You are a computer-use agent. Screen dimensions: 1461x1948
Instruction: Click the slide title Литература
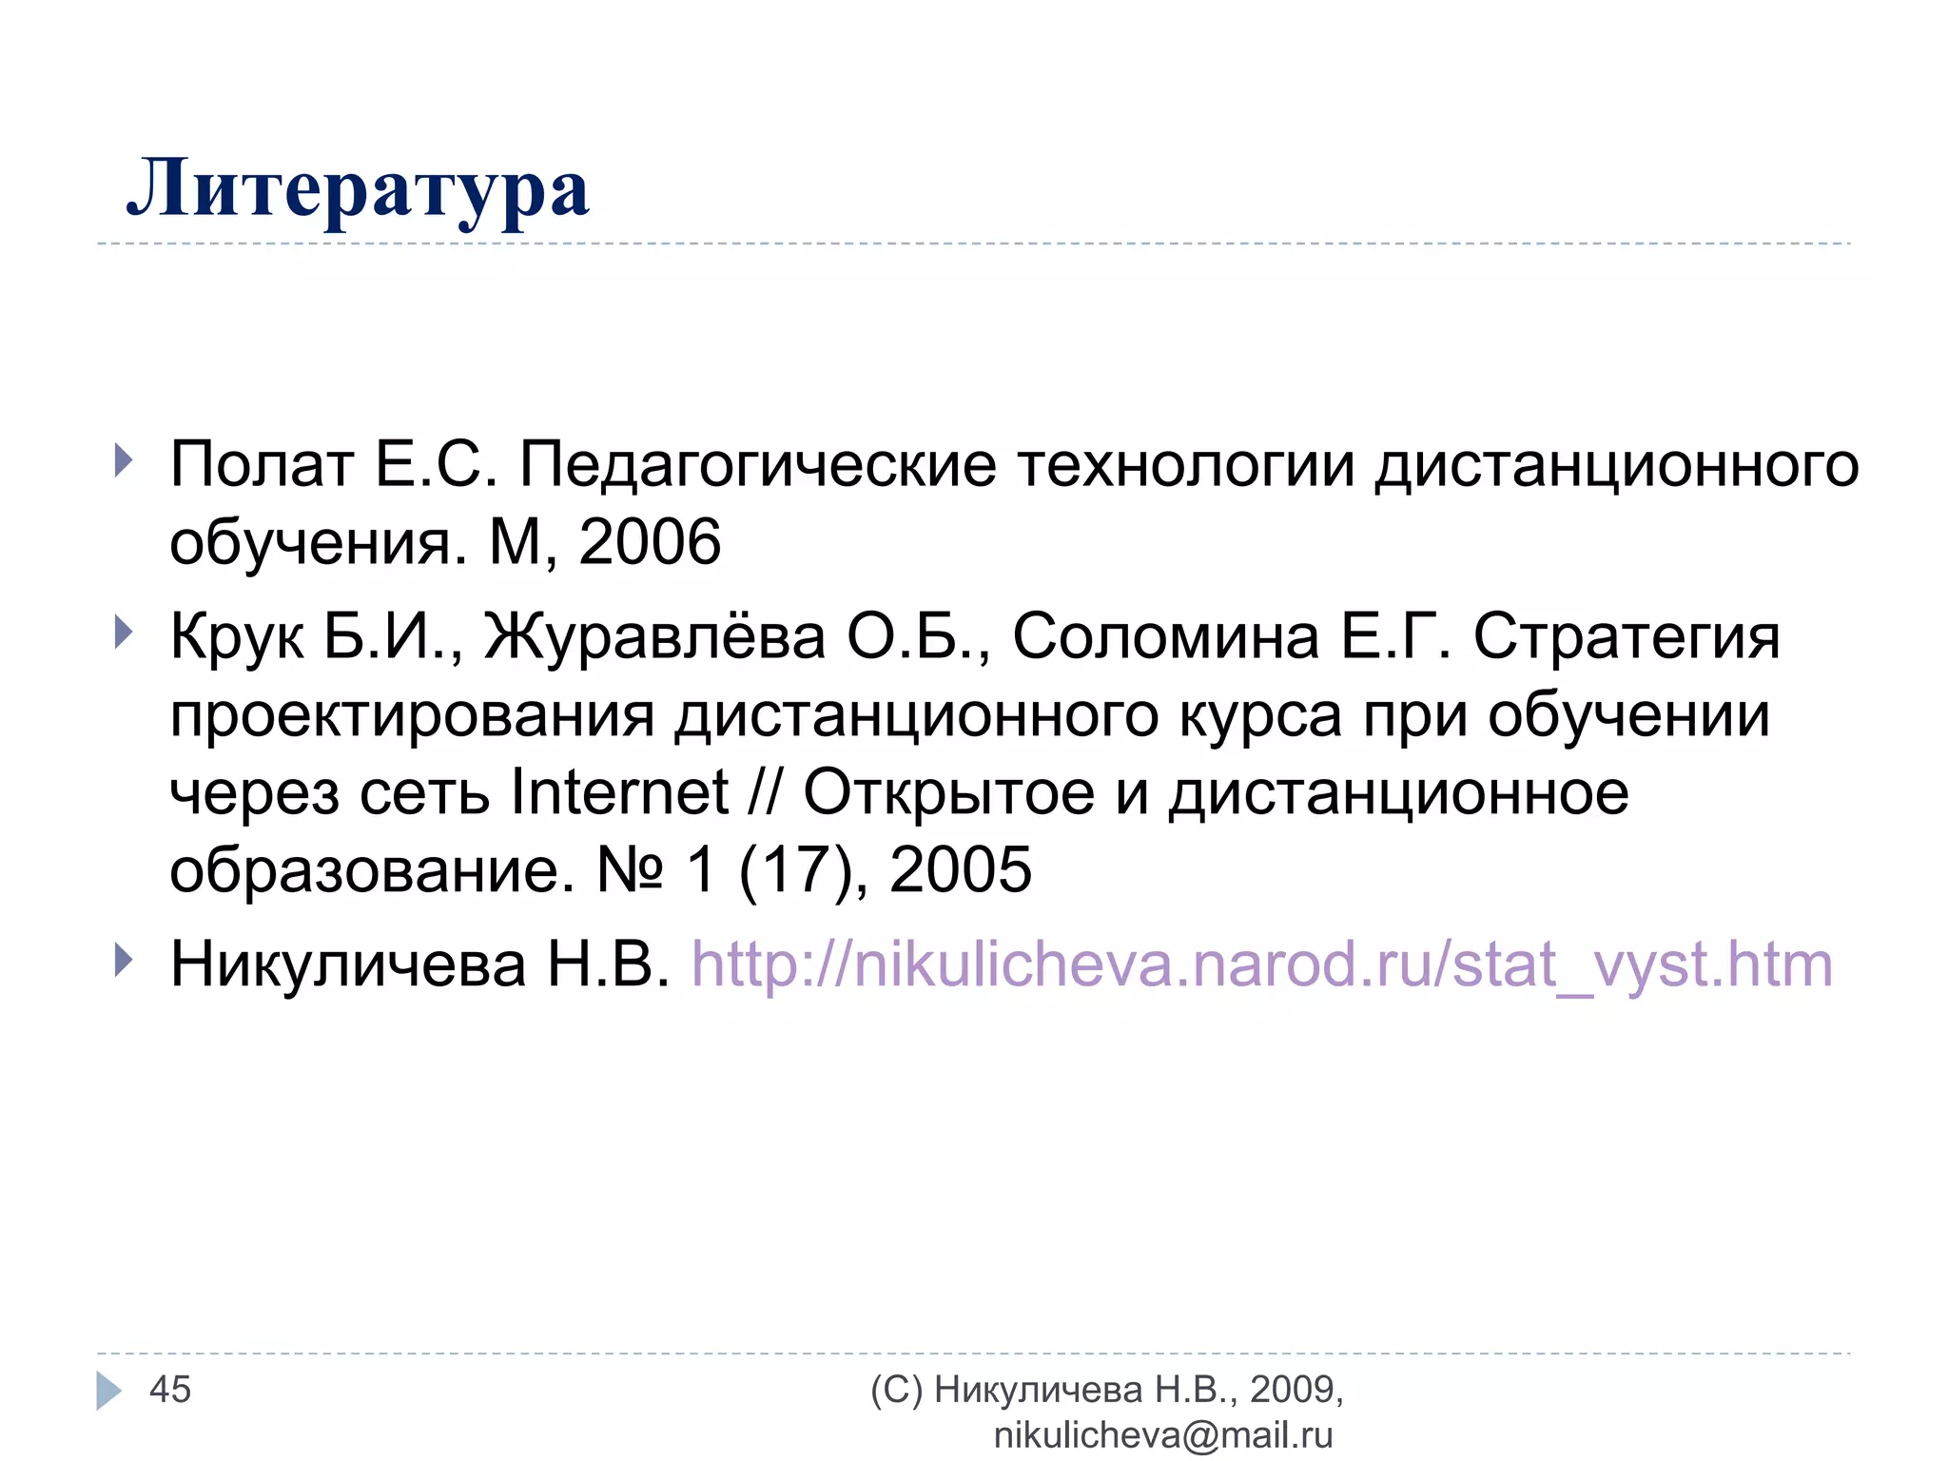[x=358, y=188]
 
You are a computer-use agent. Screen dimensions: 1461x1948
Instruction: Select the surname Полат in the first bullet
[x=262, y=465]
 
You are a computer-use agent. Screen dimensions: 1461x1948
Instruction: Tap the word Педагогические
[x=757, y=465]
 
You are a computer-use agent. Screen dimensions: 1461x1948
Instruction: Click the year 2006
[x=650, y=542]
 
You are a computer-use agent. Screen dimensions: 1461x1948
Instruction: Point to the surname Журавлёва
[x=654, y=636]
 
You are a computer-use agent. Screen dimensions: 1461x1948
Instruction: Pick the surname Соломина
[x=1165, y=636]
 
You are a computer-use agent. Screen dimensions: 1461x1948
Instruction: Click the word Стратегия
[x=1627, y=636]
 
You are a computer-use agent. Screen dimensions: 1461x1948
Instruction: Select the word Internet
[x=619, y=792]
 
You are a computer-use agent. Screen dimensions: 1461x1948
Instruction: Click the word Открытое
[x=948, y=792]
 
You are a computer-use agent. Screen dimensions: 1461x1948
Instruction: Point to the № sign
[x=629, y=869]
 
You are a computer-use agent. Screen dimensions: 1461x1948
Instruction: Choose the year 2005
[x=960, y=869]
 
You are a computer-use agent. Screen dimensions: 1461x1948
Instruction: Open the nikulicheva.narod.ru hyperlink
[x=1261, y=964]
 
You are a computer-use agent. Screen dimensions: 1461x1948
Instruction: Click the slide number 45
[x=170, y=1390]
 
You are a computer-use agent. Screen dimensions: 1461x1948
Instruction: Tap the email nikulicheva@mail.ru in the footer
[x=1162, y=1435]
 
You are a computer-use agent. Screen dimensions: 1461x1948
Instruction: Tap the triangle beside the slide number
[x=108, y=1391]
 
